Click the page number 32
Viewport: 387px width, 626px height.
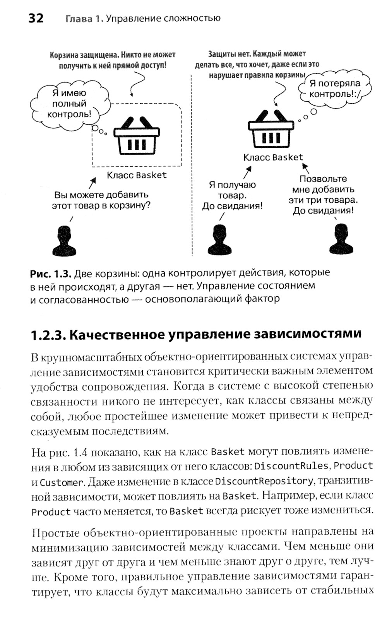point(36,18)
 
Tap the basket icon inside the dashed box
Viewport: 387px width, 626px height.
point(136,135)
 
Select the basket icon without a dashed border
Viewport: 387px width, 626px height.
point(271,130)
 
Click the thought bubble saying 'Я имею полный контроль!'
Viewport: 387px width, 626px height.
point(69,104)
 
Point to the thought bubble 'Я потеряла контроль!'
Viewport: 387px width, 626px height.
point(335,89)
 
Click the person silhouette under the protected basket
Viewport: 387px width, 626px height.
point(64,241)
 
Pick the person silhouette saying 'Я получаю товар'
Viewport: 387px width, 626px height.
point(219,240)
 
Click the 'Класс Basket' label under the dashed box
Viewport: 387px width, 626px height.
point(137,175)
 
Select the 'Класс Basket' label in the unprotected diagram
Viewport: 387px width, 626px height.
point(273,157)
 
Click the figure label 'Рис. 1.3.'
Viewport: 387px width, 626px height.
point(51,274)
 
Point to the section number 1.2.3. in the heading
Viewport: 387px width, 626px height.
point(47,335)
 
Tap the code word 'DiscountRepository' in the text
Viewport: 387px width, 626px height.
point(264,481)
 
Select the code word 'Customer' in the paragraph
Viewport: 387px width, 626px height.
point(62,482)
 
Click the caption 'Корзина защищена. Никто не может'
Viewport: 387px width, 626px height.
point(113,55)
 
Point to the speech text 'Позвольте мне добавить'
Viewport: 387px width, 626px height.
point(323,184)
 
